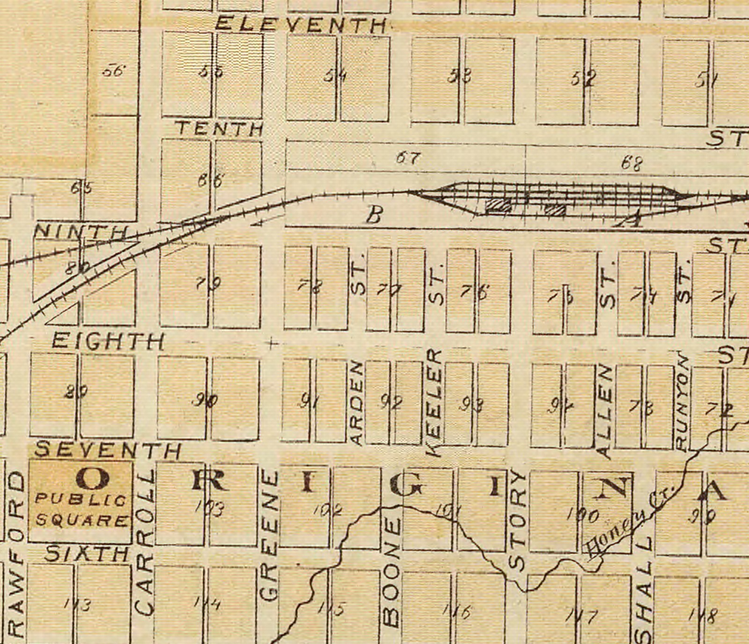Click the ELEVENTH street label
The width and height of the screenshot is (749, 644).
pyautogui.click(x=301, y=24)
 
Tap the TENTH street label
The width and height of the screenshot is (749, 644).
pyautogui.click(x=219, y=129)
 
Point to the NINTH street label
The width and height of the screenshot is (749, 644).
pyautogui.click(x=81, y=231)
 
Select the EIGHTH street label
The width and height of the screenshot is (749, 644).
pyautogui.click(x=108, y=341)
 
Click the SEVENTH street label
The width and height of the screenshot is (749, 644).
pyautogui.click(x=108, y=451)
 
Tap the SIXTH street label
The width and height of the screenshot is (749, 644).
pyautogui.click(x=87, y=555)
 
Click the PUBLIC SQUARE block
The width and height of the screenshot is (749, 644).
pyautogui.click(x=81, y=501)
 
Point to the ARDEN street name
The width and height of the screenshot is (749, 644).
pyautogui.click(x=357, y=403)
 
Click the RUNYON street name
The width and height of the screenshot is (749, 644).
pyautogui.click(x=682, y=403)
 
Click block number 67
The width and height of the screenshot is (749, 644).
pyautogui.click(x=408, y=158)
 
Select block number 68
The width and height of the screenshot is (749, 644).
pyautogui.click(x=632, y=163)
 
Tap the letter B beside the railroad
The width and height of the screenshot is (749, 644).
pyautogui.click(x=374, y=216)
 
